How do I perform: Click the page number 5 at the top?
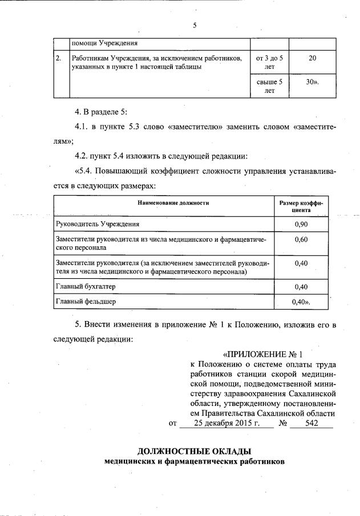195,25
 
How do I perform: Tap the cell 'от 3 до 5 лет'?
270,62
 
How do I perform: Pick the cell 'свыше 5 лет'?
270,86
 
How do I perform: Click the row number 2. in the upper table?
58,58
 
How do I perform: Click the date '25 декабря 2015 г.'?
226,424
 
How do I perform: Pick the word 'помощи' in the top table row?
83,43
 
